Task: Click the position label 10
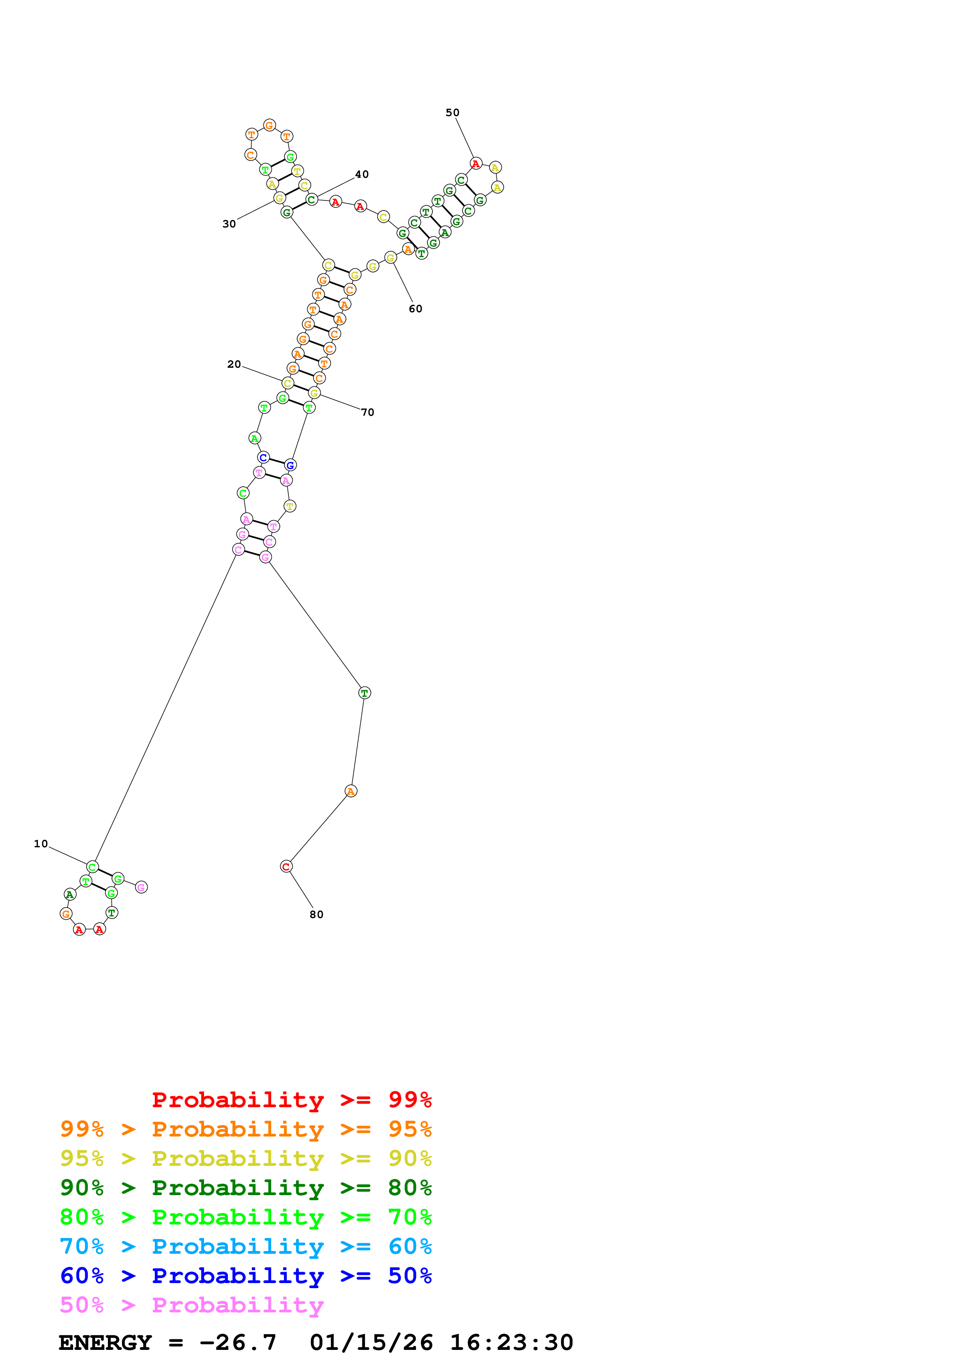[41, 844]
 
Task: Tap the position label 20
[234, 364]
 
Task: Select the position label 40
[362, 174]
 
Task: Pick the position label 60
[416, 309]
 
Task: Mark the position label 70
[368, 412]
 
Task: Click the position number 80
[317, 914]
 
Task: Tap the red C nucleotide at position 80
[286, 866]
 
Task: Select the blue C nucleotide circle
[263, 457]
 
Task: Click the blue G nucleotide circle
[290, 465]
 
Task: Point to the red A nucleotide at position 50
[476, 164]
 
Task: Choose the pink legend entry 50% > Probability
[192, 1305]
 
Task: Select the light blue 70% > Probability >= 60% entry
[246, 1247]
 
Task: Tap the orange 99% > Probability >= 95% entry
[246, 1129]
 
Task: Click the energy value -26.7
[238, 1342]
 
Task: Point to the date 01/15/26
[371, 1342]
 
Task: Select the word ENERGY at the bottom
[105, 1342]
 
